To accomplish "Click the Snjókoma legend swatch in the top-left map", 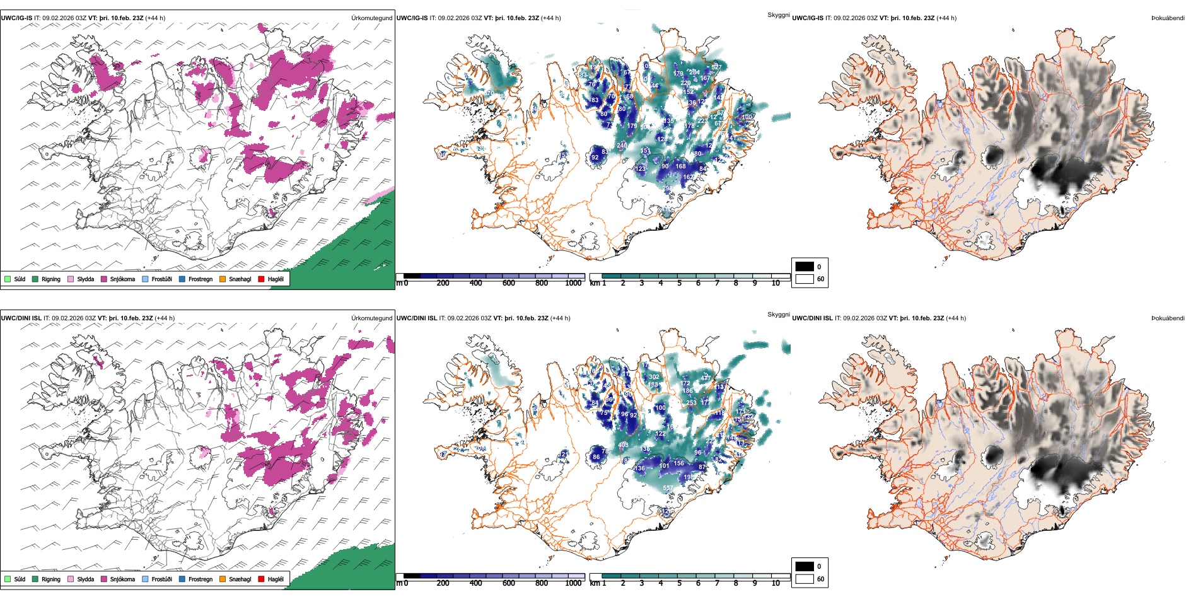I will point(104,279).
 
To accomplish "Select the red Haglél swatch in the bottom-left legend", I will point(261,579).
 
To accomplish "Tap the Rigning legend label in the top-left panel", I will point(51,279).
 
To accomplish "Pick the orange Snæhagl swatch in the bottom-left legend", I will point(223,579).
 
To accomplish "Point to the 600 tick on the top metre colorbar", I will point(508,283).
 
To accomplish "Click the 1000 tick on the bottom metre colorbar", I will point(573,583).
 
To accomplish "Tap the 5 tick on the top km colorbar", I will point(679,283).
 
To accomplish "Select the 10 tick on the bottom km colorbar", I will point(776,583).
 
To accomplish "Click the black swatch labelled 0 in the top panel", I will point(805,267).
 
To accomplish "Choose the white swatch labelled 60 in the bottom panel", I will point(805,579).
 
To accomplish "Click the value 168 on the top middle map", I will point(680,166).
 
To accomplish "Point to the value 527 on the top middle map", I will point(716,67).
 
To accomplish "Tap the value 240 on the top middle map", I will point(622,146).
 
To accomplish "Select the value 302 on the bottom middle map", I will point(654,377).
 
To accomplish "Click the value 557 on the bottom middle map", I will point(667,488).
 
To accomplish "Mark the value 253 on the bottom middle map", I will point(691,403).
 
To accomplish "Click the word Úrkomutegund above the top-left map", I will point(371,18).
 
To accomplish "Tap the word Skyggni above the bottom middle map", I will point(778,315).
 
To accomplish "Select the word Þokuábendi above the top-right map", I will point(1168,18).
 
